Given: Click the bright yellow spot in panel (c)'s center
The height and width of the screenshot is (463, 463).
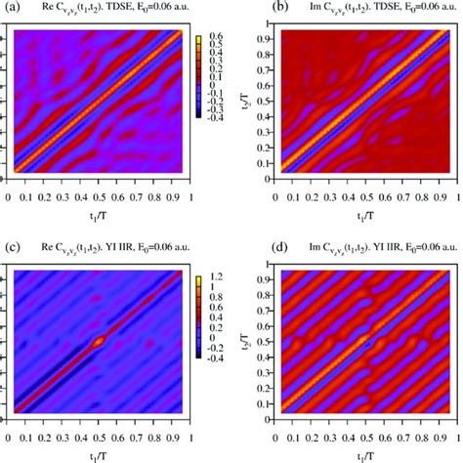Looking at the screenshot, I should [100, 340].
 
